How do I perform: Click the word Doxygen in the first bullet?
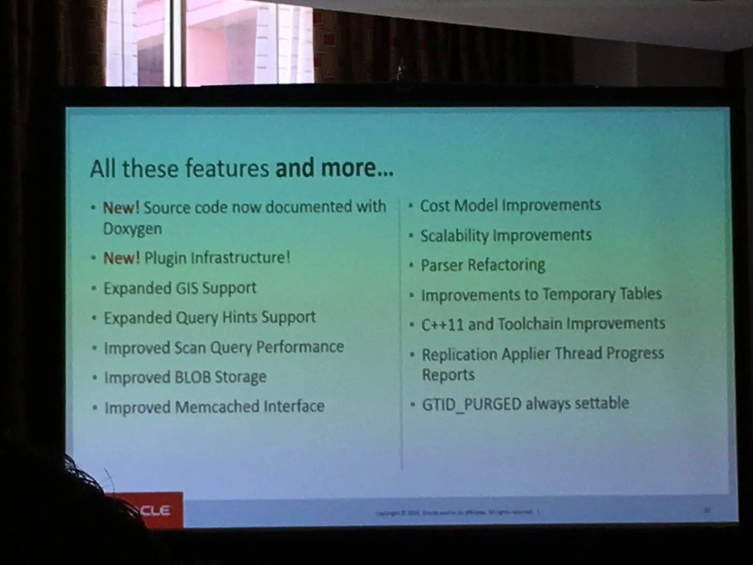pos(132,229)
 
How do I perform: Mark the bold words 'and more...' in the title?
pos(334,168)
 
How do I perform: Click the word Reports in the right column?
pos(448,375)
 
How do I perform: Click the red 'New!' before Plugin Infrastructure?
pos(122,258)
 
